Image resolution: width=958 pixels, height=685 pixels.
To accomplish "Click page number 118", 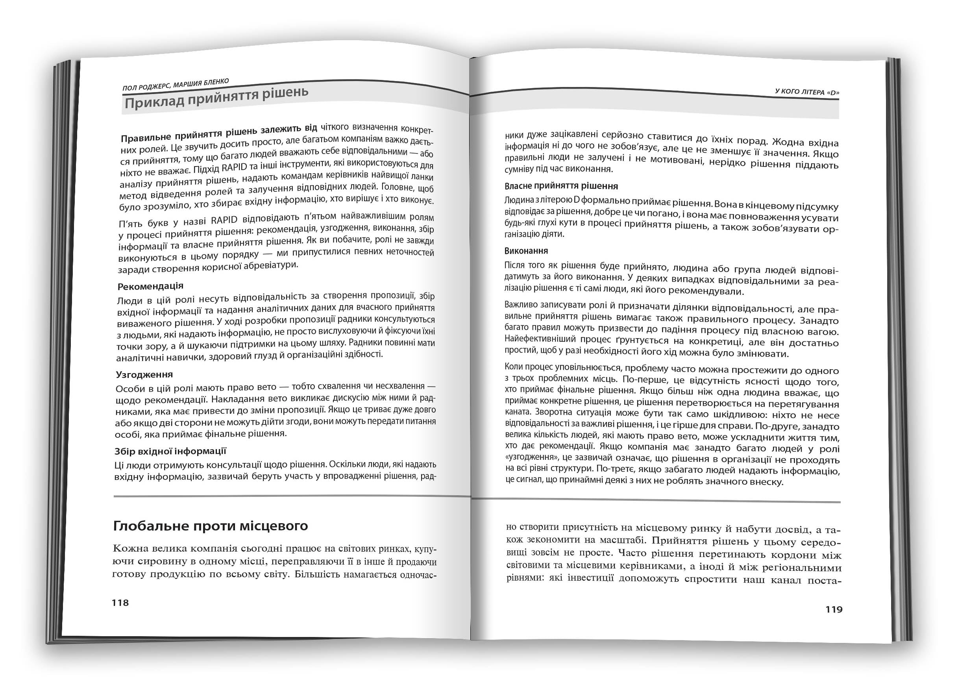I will pos(120,603).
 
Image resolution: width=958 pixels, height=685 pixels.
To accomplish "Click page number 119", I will pos(834,609).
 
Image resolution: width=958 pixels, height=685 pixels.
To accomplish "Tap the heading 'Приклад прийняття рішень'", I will pos(216,98).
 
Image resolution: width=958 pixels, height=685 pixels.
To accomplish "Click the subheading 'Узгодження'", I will pos(144,374).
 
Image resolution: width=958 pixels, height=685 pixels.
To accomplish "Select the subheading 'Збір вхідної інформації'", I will pos(170,451).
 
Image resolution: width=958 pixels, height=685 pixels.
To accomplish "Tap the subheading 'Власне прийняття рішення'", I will pos(561,186).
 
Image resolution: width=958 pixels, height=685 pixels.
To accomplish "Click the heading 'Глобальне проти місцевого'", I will pos(211,526).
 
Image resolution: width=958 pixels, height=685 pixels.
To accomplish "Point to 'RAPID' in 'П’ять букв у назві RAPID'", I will pos(224,220).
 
